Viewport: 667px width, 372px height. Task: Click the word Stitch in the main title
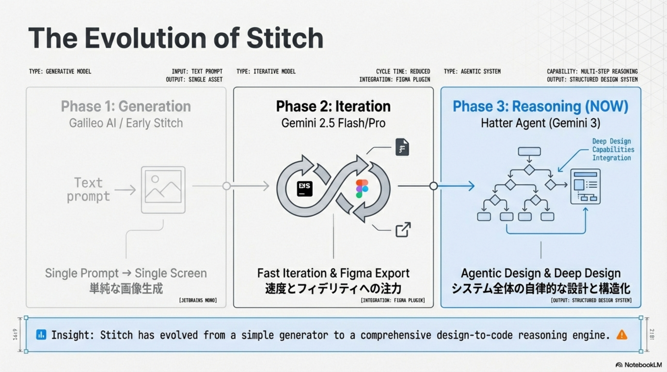(x=285, y=38)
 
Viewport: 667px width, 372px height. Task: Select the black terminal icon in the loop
(x=304, y=189)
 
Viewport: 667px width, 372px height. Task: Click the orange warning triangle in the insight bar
(x=622, y=335)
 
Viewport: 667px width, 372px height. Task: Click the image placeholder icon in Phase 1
(x=163, y=190)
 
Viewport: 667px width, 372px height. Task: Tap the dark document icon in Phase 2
(x=402, y=147)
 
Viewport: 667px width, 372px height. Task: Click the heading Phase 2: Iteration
(x=333, y=106)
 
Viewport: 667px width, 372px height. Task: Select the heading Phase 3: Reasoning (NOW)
(x=540, y=106)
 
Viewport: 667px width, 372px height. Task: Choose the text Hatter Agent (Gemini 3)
(x=540, y=123)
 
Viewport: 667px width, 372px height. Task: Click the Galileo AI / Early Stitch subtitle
(x=126, y=123)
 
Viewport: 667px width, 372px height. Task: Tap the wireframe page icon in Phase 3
(x=585, y=186)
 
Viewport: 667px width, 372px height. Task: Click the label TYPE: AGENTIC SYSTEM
(x=472, y=71)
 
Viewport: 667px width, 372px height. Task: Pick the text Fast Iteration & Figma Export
(x=333, y=273)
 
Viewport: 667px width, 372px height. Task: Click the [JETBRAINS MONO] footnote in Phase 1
(x=198, y=300)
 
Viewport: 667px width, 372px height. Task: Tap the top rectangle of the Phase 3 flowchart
(x=529, y=151)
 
